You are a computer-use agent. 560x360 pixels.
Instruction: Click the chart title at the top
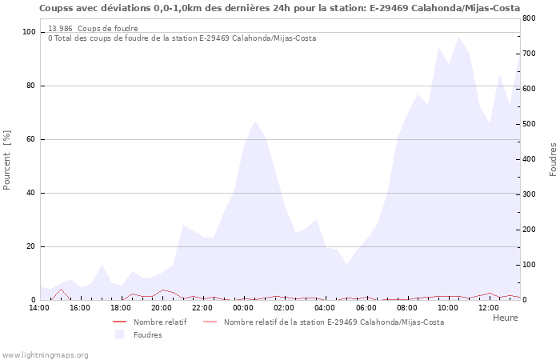tap(279, 8)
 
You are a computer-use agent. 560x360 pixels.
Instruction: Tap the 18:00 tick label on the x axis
tap(122, 308)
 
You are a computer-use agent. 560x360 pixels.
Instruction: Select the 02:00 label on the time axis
tap(284, 308)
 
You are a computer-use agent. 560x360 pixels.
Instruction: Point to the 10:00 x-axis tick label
tap(448, 308)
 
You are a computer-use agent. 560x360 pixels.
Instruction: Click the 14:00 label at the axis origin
tap(39, 308)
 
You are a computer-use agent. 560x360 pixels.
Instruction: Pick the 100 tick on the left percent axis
tap(29, 32)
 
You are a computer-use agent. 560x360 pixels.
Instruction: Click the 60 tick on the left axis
tap(31, 139)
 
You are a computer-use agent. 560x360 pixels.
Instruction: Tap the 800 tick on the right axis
tap(529, 18)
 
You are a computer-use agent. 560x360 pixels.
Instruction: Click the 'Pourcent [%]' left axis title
tap(7, 159)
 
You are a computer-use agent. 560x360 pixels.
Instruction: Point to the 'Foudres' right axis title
tap(553, 159)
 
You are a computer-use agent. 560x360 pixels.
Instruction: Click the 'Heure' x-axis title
tap(505, 318)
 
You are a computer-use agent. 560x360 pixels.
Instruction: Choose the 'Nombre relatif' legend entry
tap(160, 322)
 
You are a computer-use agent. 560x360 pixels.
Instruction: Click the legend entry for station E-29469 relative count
tap(334, 322)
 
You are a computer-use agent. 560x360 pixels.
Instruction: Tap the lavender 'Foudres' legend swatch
tap(120, 334)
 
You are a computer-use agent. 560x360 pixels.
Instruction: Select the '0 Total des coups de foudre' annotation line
tap(182, 38)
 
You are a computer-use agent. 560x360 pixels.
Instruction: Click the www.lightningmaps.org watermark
tap(46, 354)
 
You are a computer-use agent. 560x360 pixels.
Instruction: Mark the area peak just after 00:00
tap(254, 122)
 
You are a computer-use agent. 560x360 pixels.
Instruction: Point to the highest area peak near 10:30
tap(458, 37)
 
